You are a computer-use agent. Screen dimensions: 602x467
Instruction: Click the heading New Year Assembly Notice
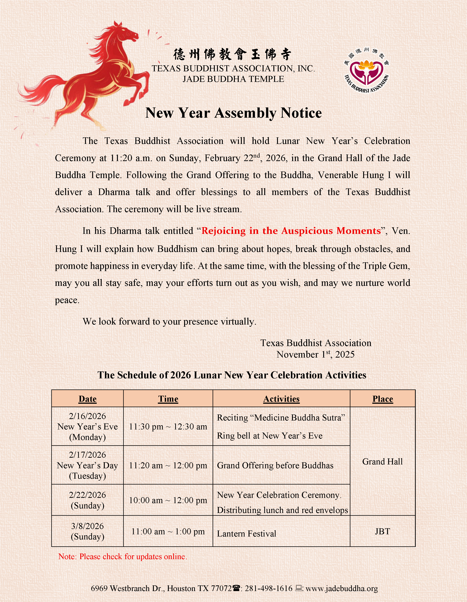pyautogui.click(x=234, y=113)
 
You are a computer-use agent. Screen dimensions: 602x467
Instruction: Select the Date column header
pyautogui.click(x=87, y=399)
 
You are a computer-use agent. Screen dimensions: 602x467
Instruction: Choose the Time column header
pyautogui.click(x=168, y=399)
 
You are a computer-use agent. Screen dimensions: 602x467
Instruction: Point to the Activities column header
pyautogui.click(x=281, y=399)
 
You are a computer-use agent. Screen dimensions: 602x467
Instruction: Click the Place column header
pyautogui.click(x=383, y=399)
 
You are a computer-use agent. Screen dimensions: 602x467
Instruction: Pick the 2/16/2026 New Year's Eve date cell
pyautogui.click(x=87, y=427)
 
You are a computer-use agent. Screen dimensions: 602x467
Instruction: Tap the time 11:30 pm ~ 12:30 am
pyautogui.click(x=168, y=427)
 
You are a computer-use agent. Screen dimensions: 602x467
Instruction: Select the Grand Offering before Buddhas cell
pyautogui.click(x=275, y=465)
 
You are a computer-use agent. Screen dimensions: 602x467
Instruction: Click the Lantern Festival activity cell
pyautogui.click(x=246, y=534)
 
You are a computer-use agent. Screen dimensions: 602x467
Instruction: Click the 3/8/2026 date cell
pyautogui.click(x=87, y=531)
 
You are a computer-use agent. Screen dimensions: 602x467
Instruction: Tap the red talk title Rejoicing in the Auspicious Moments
pyautogui.click(x=291, y=231)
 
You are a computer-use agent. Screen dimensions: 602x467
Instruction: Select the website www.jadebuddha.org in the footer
pyautogui.click(x=342, y=589)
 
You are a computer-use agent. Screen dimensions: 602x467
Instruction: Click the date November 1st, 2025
pyautogui.click(x=316, y=354)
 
